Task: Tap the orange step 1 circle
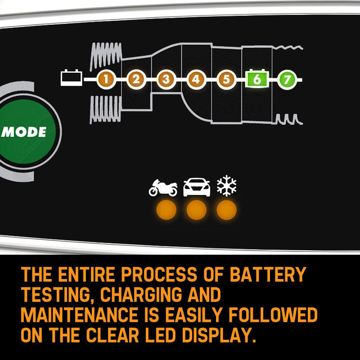point(106,80)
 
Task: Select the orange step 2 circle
point(135,80)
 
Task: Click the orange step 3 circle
point(166,80)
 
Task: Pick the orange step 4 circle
point(196,80)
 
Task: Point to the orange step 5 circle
point(226,80)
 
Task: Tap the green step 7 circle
point(287,80)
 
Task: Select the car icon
point(197,187)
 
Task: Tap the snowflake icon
point(227,186)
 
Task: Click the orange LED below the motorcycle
point(166,210)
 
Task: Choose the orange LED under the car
point(197,210)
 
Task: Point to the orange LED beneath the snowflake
point(227,210)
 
